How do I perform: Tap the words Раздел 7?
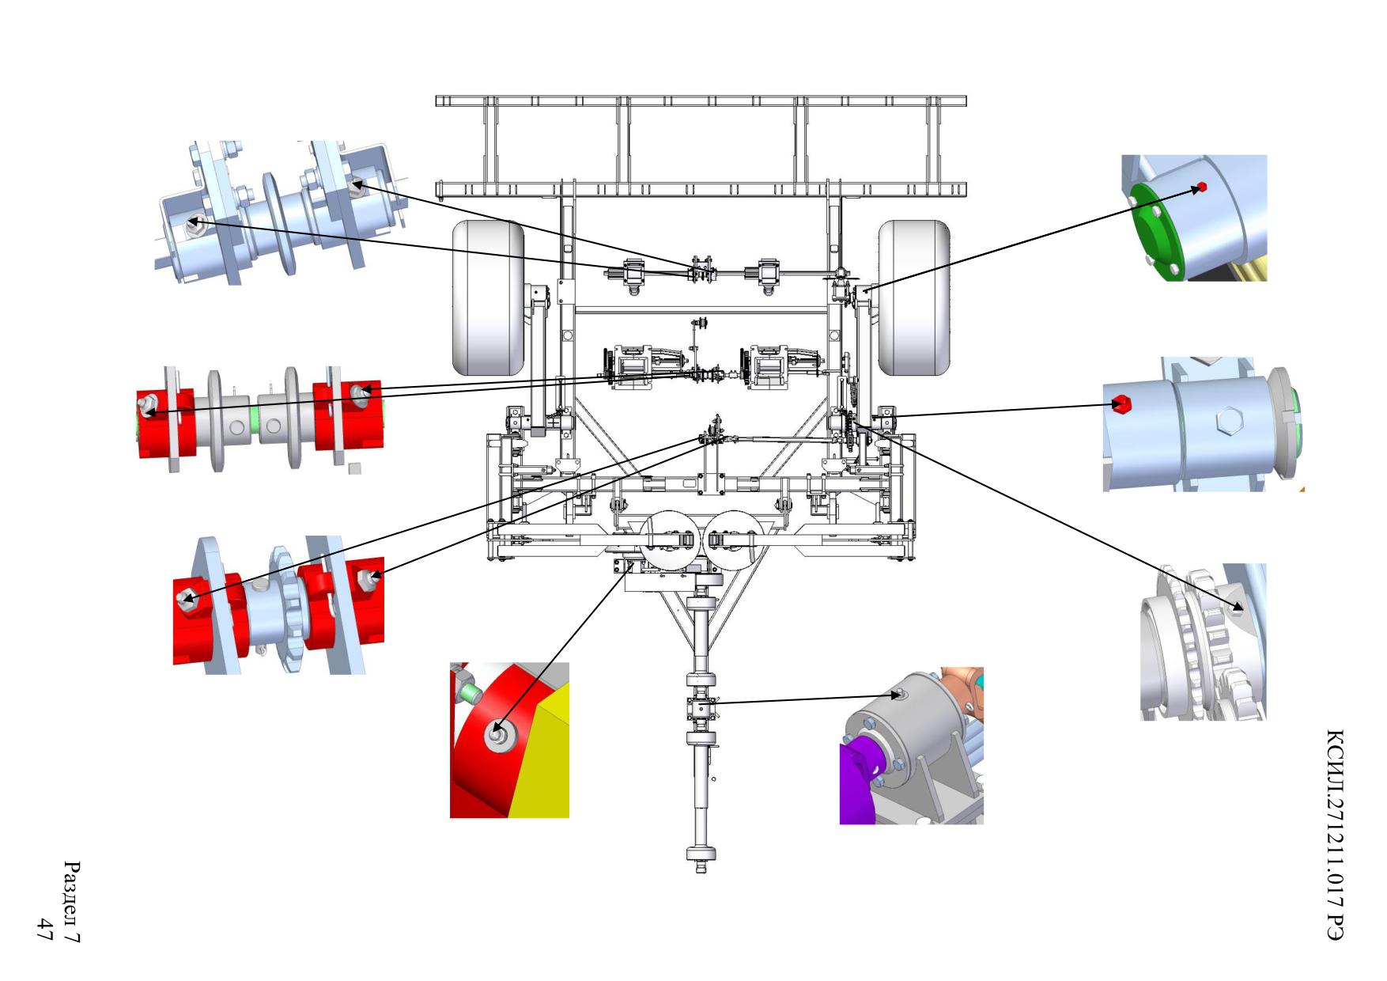(72, 902)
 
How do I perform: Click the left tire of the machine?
(489, 298)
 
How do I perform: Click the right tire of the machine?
(913, 298)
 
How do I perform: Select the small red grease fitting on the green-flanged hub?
(1202, 187)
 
